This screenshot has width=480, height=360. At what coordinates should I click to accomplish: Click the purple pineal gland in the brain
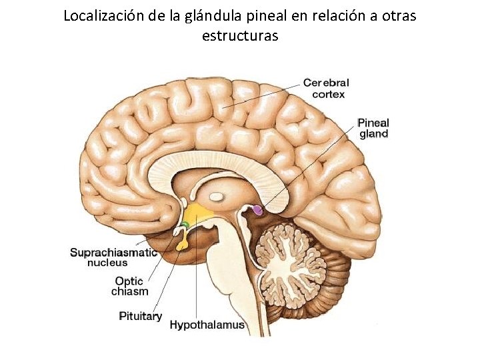tap(257, 210)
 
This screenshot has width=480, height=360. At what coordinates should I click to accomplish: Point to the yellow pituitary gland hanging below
tap(181, 244)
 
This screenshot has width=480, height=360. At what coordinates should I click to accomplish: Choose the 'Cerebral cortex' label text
tap(326, 88)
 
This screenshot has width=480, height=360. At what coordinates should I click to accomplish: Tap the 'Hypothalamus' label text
tap(207, 325)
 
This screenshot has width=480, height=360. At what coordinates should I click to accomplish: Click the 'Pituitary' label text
tap(140, 315)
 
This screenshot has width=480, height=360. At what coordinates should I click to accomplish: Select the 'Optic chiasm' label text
tap(130, 286)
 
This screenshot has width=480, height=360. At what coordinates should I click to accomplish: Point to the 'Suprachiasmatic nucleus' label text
tap(114, 257)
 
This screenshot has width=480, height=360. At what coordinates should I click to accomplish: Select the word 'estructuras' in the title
tap(240, 35)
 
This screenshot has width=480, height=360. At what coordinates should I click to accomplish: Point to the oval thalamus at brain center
tap(217, 197)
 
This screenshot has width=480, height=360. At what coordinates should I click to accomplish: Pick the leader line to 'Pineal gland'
tap(307, 169)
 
